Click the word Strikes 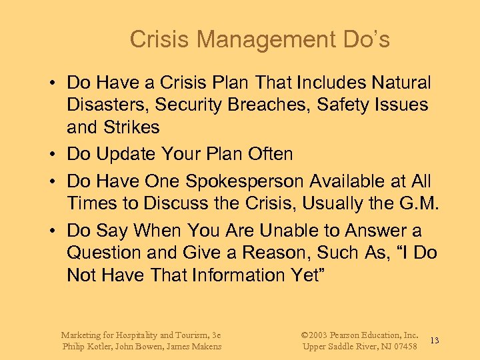click(x=131, y=127)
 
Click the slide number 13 click(x=434, y=341)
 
